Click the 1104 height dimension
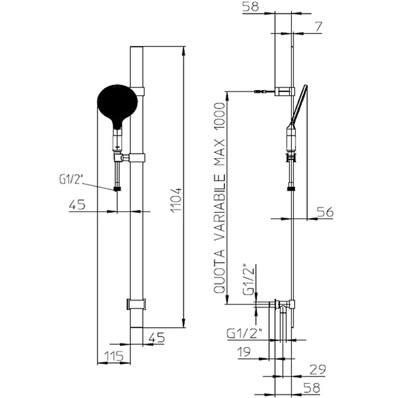click(176, 199)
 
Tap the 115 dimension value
click(114, 356)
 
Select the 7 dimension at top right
click(318, 27)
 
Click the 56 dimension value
click(325, 212)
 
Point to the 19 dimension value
click(244, 352)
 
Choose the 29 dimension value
click(317, 370)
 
